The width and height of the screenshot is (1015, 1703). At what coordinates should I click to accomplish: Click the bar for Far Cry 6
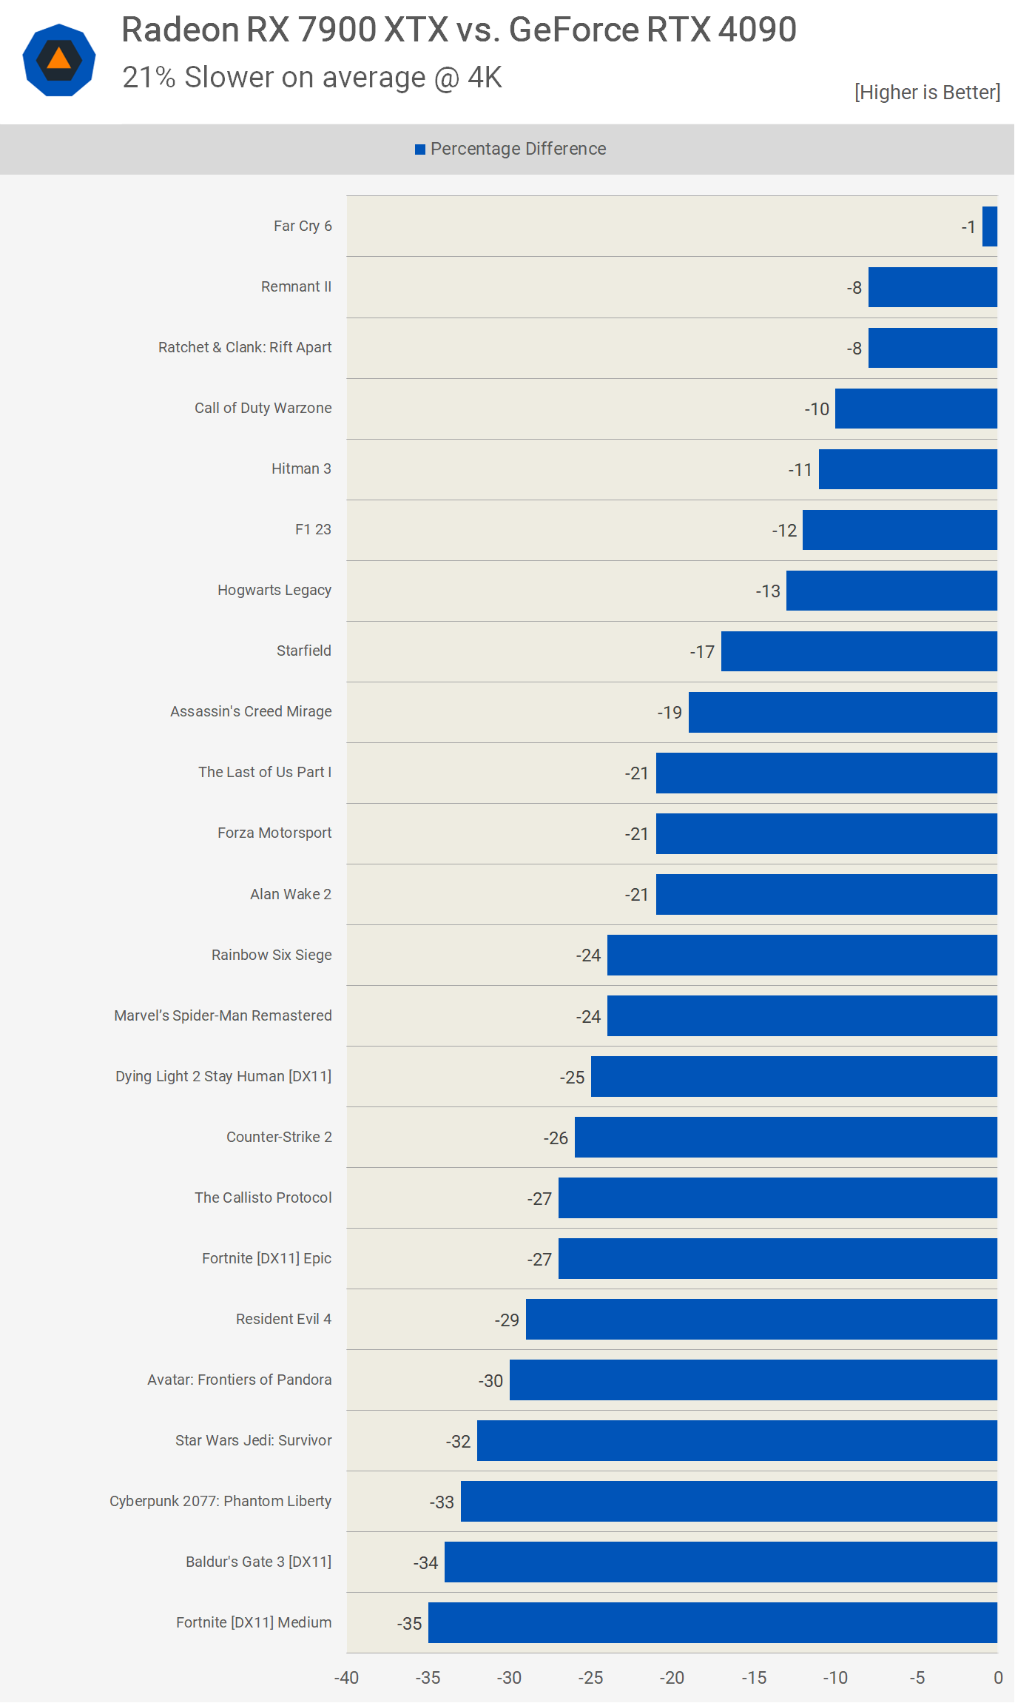[990, 226]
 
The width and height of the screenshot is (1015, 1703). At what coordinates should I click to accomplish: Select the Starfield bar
[859, 651]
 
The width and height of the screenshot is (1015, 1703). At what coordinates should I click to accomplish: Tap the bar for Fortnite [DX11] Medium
[712, 1622]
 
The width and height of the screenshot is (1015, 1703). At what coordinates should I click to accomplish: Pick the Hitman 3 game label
[301, 468]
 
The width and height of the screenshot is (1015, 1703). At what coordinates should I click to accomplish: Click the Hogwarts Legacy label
[274, 590]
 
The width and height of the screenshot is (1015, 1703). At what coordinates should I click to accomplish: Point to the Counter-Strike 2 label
[279, 1137]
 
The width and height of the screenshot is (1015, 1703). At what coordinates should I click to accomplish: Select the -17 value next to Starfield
[702, 652]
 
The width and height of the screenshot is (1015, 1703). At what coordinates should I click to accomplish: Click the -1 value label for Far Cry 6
[968, 227]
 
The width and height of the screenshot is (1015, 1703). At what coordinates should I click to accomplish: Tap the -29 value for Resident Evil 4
[507, 1320]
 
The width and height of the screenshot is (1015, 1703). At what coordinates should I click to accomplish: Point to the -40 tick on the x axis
[346, 1678]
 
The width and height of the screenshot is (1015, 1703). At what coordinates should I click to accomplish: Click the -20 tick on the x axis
[672, 1678]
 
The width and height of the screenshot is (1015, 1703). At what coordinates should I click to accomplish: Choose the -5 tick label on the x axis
[917, 1678]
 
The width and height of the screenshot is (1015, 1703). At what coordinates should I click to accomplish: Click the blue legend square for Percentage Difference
[420, 150]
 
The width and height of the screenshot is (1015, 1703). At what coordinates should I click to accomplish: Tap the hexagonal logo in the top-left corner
[59, 60]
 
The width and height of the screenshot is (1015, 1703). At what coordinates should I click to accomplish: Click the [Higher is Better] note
[927, 93]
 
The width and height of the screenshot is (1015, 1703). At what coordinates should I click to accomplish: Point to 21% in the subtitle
[149, 78]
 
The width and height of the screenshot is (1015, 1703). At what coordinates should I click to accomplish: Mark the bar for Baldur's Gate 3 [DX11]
[721, 1562]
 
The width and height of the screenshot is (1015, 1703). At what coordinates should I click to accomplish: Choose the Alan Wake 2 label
[291, 894]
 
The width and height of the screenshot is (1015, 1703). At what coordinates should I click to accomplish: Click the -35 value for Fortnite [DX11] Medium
[409, 1624]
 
